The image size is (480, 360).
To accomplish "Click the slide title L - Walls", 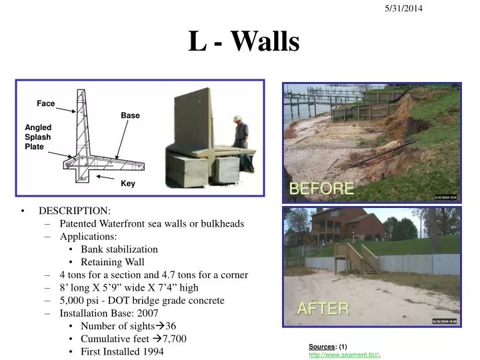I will [x=243, y=41].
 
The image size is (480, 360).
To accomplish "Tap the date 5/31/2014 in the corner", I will [x=402, y=8].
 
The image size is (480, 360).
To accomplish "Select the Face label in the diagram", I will [x=45, y=103].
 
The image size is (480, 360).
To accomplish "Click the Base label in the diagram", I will [x=130, y=115].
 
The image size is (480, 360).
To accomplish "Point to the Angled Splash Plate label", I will [x=38, y=137].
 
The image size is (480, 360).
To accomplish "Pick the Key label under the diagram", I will [x=128, y=183].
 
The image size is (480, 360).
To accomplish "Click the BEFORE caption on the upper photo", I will [x=321, y=189].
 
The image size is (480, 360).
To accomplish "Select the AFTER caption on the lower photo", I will [x=323, y=308].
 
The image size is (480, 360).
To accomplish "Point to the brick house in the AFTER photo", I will [x=347, y=225].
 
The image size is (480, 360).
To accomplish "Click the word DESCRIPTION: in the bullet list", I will [x=74, y=211].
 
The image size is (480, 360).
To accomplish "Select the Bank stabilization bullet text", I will [x=119, y=249].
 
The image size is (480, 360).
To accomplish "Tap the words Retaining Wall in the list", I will [x=112, y=261].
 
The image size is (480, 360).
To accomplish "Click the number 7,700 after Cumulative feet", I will [x=173, y=338].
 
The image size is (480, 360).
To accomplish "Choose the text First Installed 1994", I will [x=122, y=351].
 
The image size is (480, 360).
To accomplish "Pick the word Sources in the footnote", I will [x=322, y=347].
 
